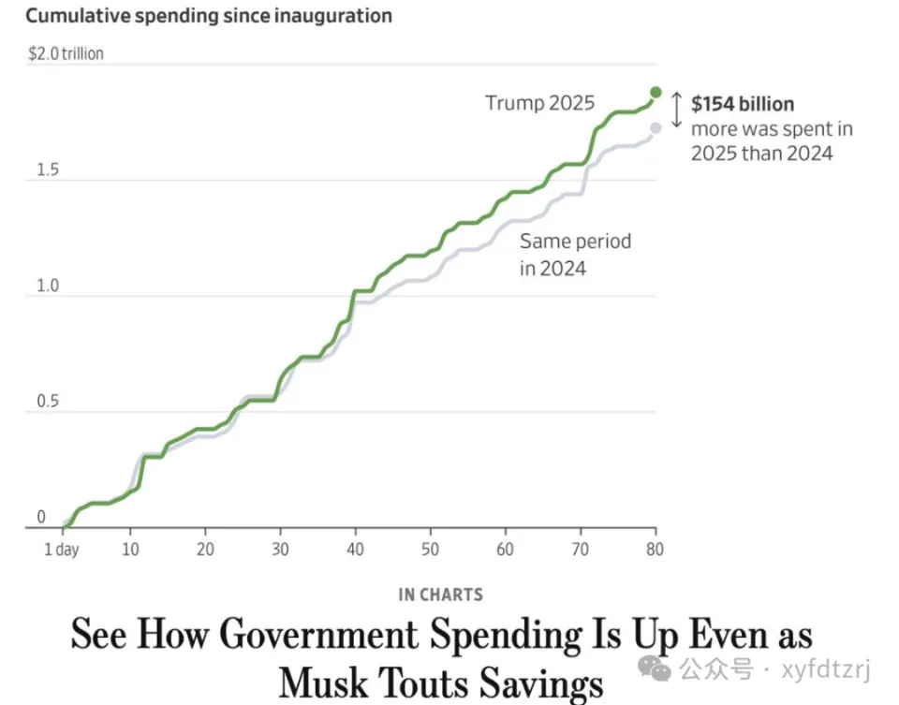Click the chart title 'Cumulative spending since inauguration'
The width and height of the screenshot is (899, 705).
coord(209,16)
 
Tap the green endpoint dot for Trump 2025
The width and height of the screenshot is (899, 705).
coord(656,93)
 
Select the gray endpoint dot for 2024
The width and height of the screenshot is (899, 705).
coord(656,128)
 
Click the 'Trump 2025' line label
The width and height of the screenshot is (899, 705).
coord(540,103)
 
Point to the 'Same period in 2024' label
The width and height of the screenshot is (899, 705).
coord(575,255)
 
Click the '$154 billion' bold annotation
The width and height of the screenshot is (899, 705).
coord(743,104)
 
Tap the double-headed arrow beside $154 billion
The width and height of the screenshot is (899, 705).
coord(676,110)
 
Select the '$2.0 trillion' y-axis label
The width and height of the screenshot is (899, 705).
coord(66,54)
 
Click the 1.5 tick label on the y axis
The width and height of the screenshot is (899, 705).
coord(48,169)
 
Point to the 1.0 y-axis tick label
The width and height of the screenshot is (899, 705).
coord(48,286)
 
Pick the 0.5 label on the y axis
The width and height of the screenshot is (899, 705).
coord(48,402)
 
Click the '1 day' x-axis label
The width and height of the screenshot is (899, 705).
coord(62,550)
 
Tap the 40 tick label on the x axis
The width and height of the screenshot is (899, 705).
coord(356,550)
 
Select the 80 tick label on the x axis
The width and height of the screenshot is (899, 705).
coord(655,550)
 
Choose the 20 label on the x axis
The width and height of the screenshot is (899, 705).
coord(205,550)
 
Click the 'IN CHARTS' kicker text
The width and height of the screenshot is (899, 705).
coord(441,595)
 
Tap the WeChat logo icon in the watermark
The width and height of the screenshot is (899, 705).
coord(655,668)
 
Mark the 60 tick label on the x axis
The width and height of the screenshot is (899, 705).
coord(505,550)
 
